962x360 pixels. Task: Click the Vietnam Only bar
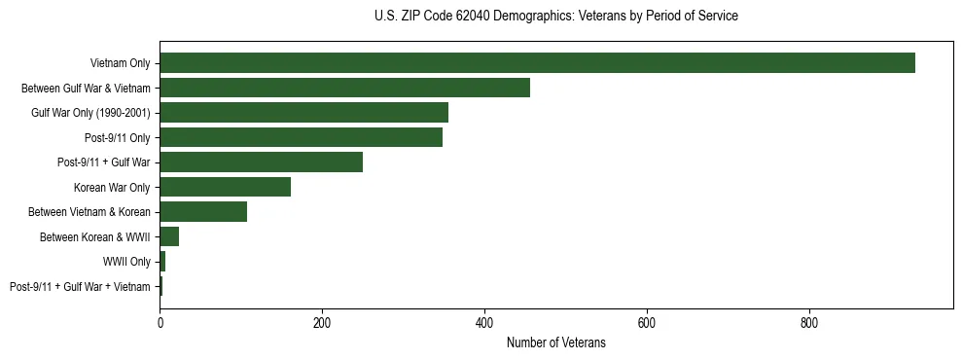(x=537, y=63)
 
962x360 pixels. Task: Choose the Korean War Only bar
(x=225, y=187)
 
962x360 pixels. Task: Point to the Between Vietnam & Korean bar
(x=203, y=212)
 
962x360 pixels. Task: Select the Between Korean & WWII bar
(x=169, y=236)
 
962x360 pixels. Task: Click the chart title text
(x=555, y=17)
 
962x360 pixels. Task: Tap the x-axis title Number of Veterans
(x=555, y=342)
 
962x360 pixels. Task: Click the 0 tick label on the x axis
(x=160, y=321)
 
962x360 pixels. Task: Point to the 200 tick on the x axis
(x=322, y=321)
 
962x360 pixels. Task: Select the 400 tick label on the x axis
(x=484, y=321)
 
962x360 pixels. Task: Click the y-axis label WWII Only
(x=126, y=262)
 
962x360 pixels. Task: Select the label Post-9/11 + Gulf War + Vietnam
(x=80, y=286)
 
